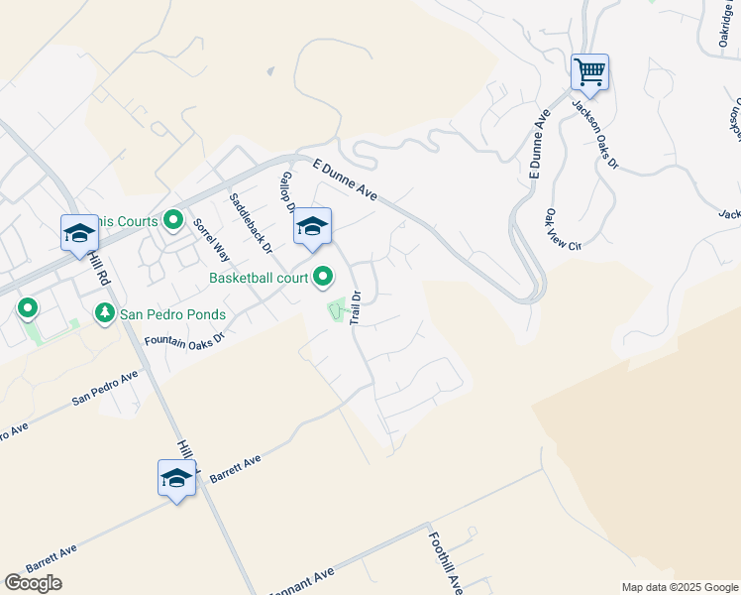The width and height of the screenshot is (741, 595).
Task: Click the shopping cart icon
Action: [x=589, y=72]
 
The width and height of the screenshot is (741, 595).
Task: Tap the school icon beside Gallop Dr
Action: [x=312, y=227]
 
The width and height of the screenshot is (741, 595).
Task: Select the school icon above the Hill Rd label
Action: [x=79, y=234]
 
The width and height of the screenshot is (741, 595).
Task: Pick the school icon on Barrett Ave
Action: [x=176, y=478]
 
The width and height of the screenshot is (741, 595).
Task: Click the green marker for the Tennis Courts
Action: [x=174, y=220]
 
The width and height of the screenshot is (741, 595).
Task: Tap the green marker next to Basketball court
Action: [x=323, y=278]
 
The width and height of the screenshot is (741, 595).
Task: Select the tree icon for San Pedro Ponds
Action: [x=104, y=314]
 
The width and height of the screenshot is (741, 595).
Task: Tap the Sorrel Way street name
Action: [x=211, y=238]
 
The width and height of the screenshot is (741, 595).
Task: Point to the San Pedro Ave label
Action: [x=105, y=390]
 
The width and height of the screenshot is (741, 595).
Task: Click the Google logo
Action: [x=33, y=583]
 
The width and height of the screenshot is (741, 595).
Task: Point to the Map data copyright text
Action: [x=679, y=587]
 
